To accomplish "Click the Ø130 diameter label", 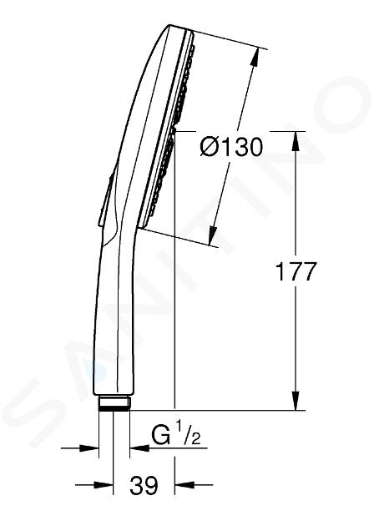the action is [x=230, y=148].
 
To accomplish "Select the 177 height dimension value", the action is [x=296, y=271].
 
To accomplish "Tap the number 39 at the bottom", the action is [x=144, y=485].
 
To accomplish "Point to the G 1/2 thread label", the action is [x=176, y=435].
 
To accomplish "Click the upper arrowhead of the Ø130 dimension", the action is [x=254, y=57].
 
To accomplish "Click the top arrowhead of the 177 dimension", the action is [x=296, y=141].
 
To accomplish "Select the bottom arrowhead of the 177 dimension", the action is [x=296, y=400].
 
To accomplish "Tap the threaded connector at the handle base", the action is [x=114, y=403].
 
